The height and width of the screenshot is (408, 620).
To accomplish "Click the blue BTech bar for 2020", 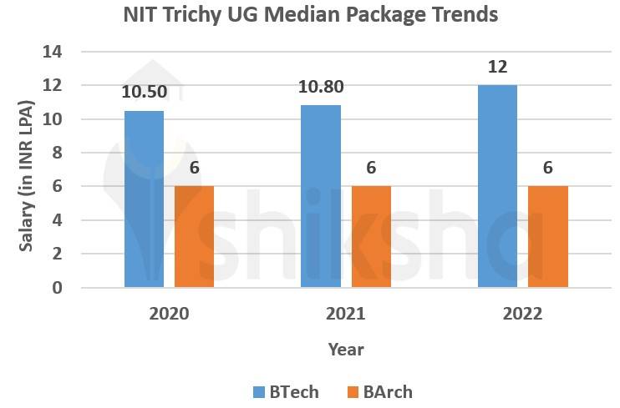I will (x=144, y=199).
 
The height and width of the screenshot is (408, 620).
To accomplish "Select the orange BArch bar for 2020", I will (x=194, y=237).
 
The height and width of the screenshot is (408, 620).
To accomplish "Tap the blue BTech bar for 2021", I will (x=321, y=197).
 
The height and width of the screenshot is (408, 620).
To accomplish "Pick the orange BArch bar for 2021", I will (x=371, y=237).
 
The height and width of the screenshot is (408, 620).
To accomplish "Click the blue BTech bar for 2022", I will (x=497, y=187).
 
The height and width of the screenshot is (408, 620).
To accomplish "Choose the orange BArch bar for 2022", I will (x=548, y=237).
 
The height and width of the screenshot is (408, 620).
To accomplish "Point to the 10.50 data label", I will (x=144, y=92).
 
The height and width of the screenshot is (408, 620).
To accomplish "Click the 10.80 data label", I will (x=321, y=87).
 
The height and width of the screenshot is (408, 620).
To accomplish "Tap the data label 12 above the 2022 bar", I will (x=497, y=67).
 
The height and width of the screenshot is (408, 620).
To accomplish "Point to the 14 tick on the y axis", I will (x=53, y=52).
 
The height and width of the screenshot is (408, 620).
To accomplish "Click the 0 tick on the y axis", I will (x=58, y=288).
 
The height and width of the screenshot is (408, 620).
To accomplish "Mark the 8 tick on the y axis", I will (x=58, y=153).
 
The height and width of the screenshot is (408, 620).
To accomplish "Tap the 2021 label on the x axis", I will (x=346, y=315).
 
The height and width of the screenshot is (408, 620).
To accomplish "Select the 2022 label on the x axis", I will (x=522, y=315).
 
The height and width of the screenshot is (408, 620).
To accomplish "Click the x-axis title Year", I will (x=346, y=349).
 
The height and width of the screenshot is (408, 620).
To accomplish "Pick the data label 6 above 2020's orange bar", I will (x=194, y=168).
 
